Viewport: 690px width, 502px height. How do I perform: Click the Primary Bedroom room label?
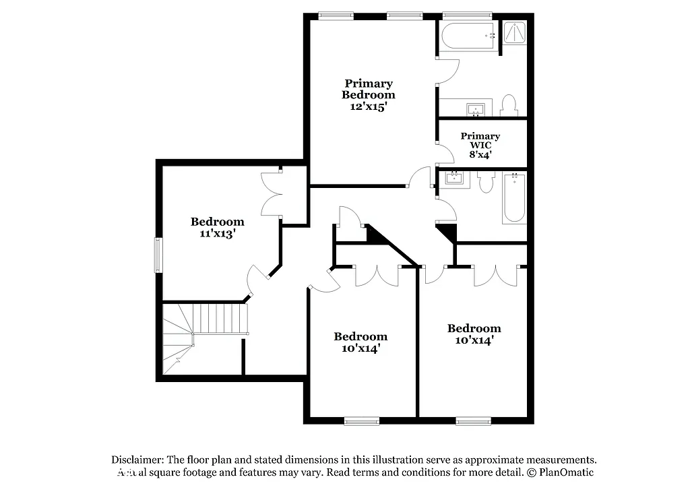368,89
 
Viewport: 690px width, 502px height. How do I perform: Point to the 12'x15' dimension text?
368,106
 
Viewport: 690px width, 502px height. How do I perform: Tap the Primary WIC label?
480,140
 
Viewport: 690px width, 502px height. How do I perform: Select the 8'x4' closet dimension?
480,154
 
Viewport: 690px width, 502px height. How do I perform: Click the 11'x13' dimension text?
217,233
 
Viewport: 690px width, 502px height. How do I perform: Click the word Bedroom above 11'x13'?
217,222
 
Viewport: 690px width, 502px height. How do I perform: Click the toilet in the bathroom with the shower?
509,104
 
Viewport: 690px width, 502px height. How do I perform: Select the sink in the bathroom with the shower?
476,108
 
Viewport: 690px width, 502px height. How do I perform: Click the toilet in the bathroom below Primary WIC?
486,182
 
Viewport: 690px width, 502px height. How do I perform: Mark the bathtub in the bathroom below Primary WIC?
514,198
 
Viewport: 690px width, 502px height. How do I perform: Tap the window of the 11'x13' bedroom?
159,255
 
